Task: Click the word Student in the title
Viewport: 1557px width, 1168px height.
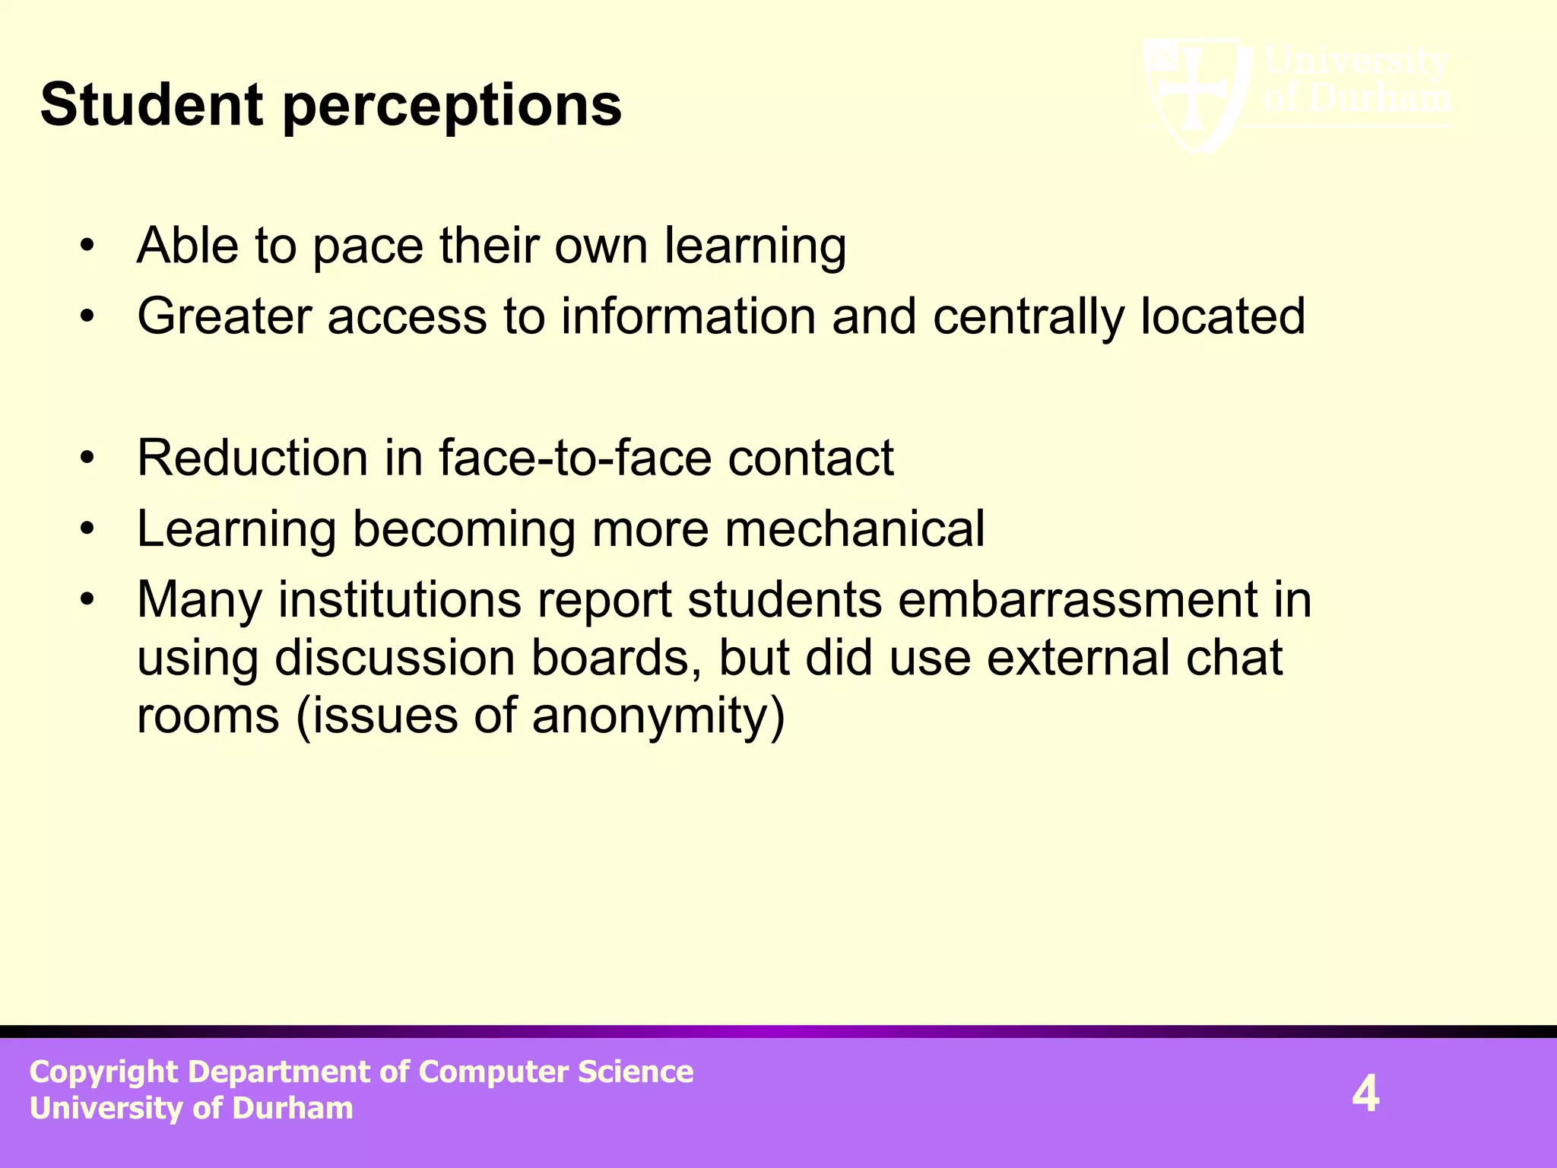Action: (x=151, y=105)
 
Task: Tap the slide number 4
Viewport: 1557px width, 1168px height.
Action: (x=1365, y=1094)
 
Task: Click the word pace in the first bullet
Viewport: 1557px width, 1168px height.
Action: (x=367, y=246)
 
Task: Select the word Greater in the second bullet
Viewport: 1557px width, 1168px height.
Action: (x=224, y=316)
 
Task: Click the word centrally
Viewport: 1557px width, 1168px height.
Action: (x=1028, y=316)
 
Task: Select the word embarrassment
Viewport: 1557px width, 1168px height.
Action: (x=1078, y=599)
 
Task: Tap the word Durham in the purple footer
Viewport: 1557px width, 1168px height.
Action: (x=293, y=1109)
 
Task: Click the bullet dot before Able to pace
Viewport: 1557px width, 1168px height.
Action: (x=88, y=246)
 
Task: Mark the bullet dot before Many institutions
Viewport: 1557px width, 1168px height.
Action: (x=88, y=599)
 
